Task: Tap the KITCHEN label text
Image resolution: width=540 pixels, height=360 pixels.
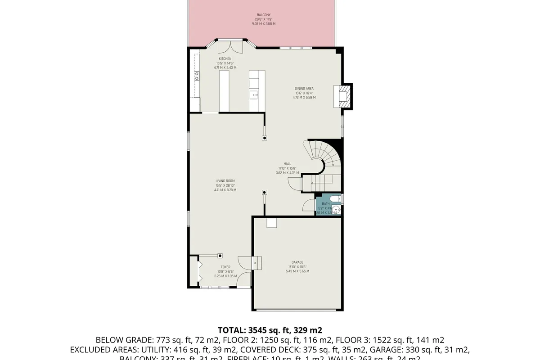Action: coord(225,59)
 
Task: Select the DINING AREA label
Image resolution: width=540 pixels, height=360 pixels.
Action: coord(304,89)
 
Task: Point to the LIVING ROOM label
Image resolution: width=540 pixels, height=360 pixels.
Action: coord(225,181)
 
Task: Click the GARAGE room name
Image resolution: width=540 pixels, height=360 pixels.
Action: coord(297,262)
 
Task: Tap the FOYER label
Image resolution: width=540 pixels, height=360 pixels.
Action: coord(225,267)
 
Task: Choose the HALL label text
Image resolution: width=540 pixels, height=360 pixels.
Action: coord(287,164)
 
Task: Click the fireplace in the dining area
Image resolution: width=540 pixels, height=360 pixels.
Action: coord(344,96)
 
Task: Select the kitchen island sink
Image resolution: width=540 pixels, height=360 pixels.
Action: coord(254,95)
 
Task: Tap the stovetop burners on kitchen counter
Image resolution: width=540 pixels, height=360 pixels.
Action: coord(197,76)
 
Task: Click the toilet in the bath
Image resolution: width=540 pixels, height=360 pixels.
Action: coord(336,199)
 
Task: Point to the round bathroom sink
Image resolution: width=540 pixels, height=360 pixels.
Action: coord(338,210)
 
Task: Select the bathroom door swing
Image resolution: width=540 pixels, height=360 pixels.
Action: coord(310,205)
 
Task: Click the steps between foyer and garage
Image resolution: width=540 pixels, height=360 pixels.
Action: coord(258,262)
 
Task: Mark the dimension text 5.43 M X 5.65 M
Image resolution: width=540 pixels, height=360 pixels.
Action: coord(297,271)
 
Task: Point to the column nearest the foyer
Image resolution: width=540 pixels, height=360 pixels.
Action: coord(220,256)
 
